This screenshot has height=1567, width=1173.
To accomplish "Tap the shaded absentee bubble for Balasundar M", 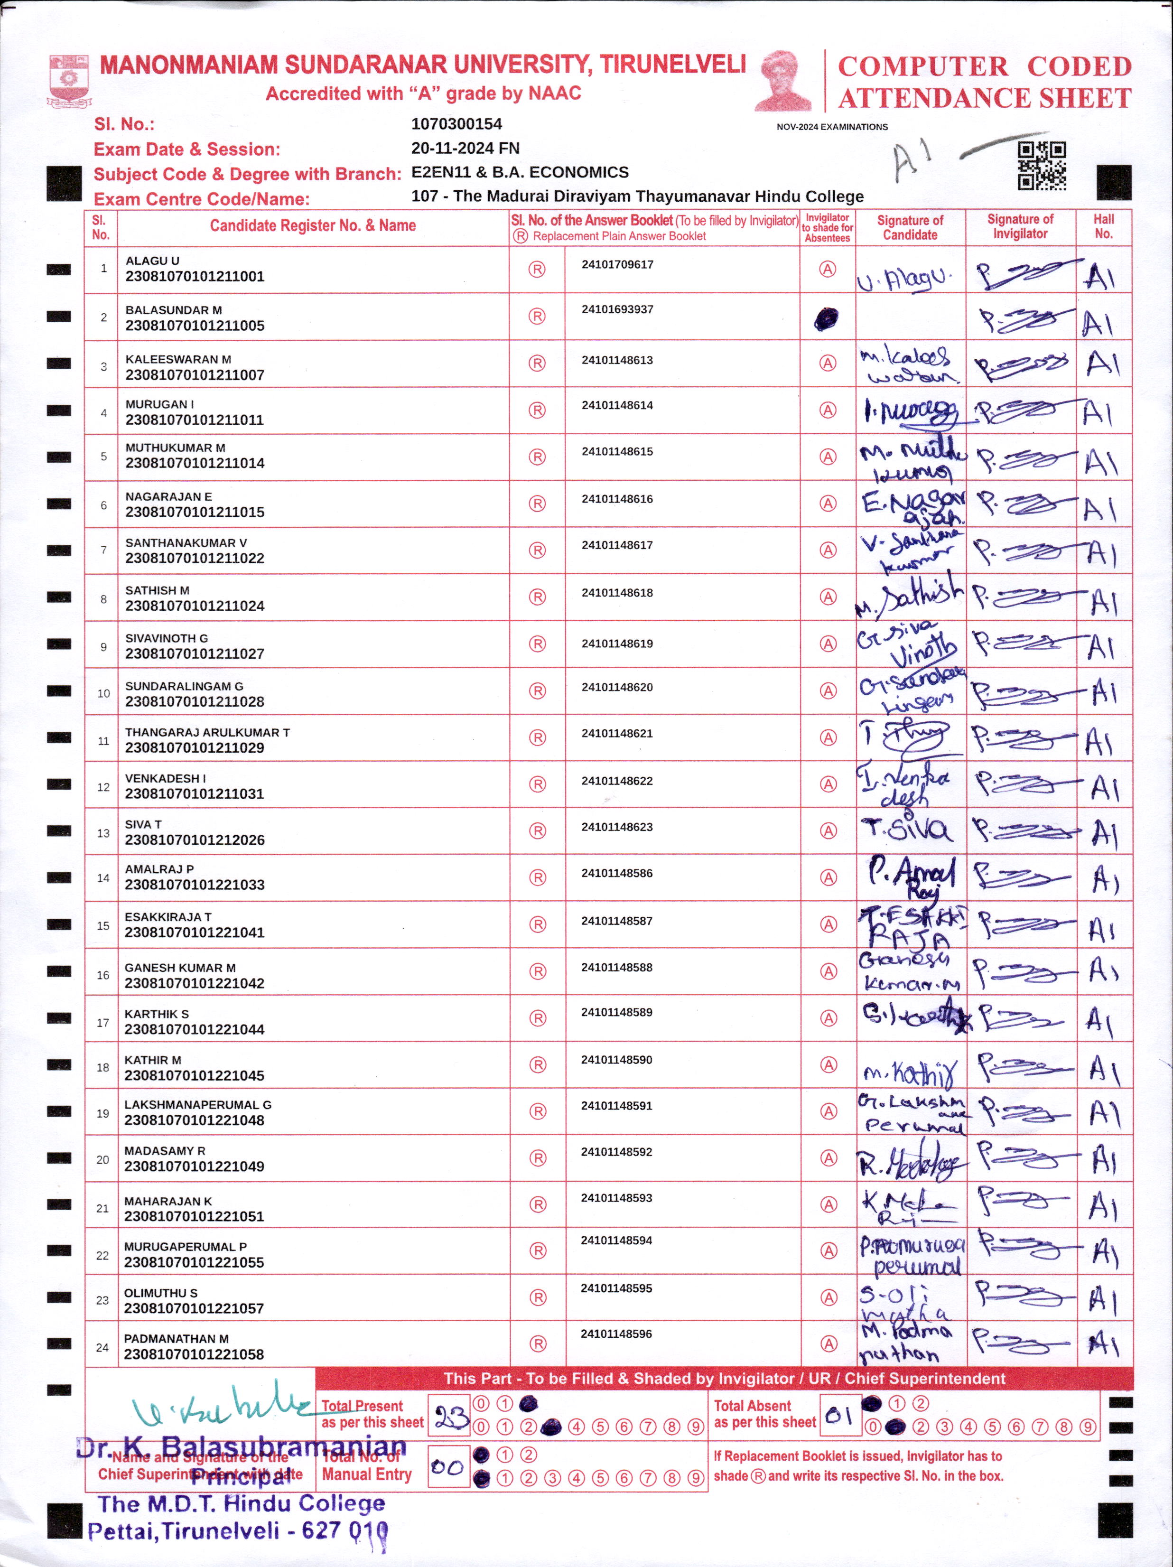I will pos(826,319).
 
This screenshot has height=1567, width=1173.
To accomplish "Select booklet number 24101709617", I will pos(617,265).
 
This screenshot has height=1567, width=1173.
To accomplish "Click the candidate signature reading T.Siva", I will pos(907,829).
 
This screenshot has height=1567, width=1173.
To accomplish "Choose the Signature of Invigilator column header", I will pos(1020,227).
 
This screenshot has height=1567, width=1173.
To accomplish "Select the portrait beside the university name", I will pos(783,80).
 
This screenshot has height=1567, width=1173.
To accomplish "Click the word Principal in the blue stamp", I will pos(241,1478).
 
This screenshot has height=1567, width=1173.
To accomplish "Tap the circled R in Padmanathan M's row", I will pos(538,1343).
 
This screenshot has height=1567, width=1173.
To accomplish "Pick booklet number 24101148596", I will pos(616,1334).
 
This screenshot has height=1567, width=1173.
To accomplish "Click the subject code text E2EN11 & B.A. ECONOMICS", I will pos(519,172).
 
